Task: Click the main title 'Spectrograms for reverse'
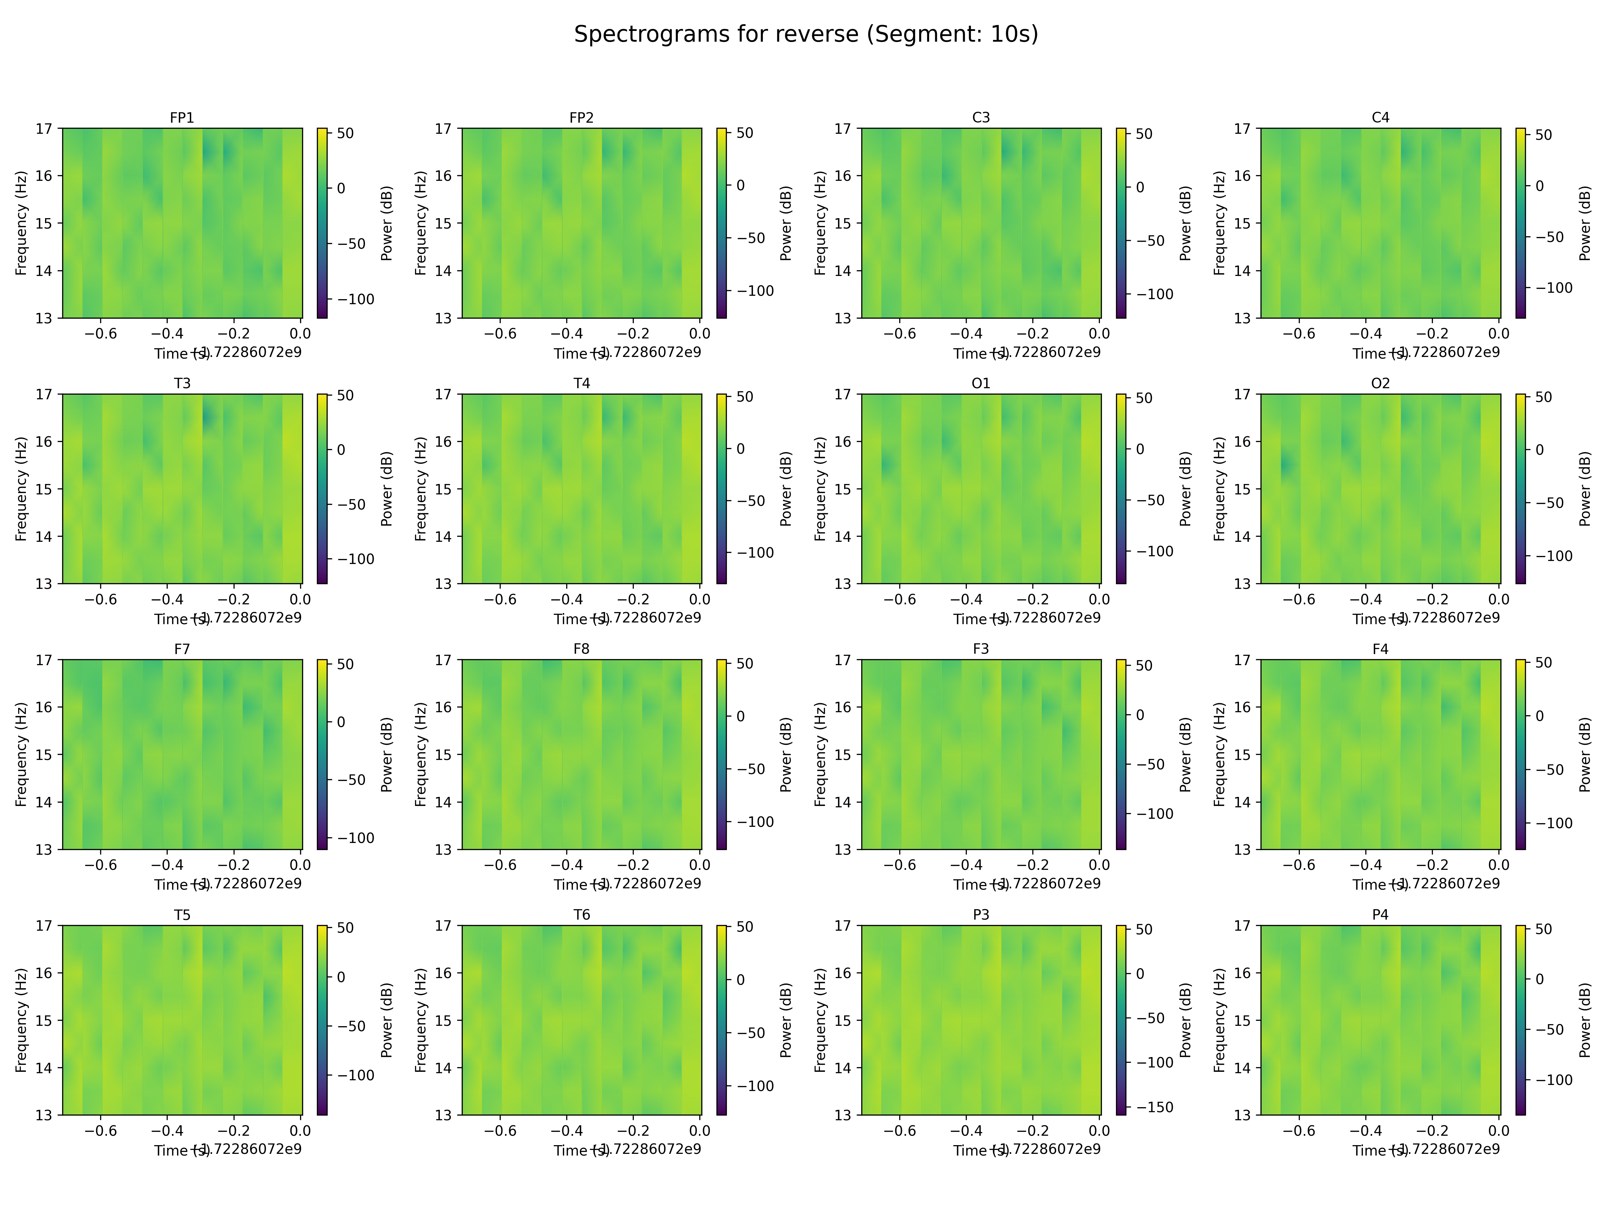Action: (x=806, y=34)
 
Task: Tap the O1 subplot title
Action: (x=981, y=383)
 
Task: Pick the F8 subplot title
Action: (x=581, y=648)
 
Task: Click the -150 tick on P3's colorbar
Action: (x=1154, y=1107)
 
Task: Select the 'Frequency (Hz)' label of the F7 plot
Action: (x=21, y=754)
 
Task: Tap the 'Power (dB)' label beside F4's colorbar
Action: (x=1584, y=754)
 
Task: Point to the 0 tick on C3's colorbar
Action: (x=1140, y=188)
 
